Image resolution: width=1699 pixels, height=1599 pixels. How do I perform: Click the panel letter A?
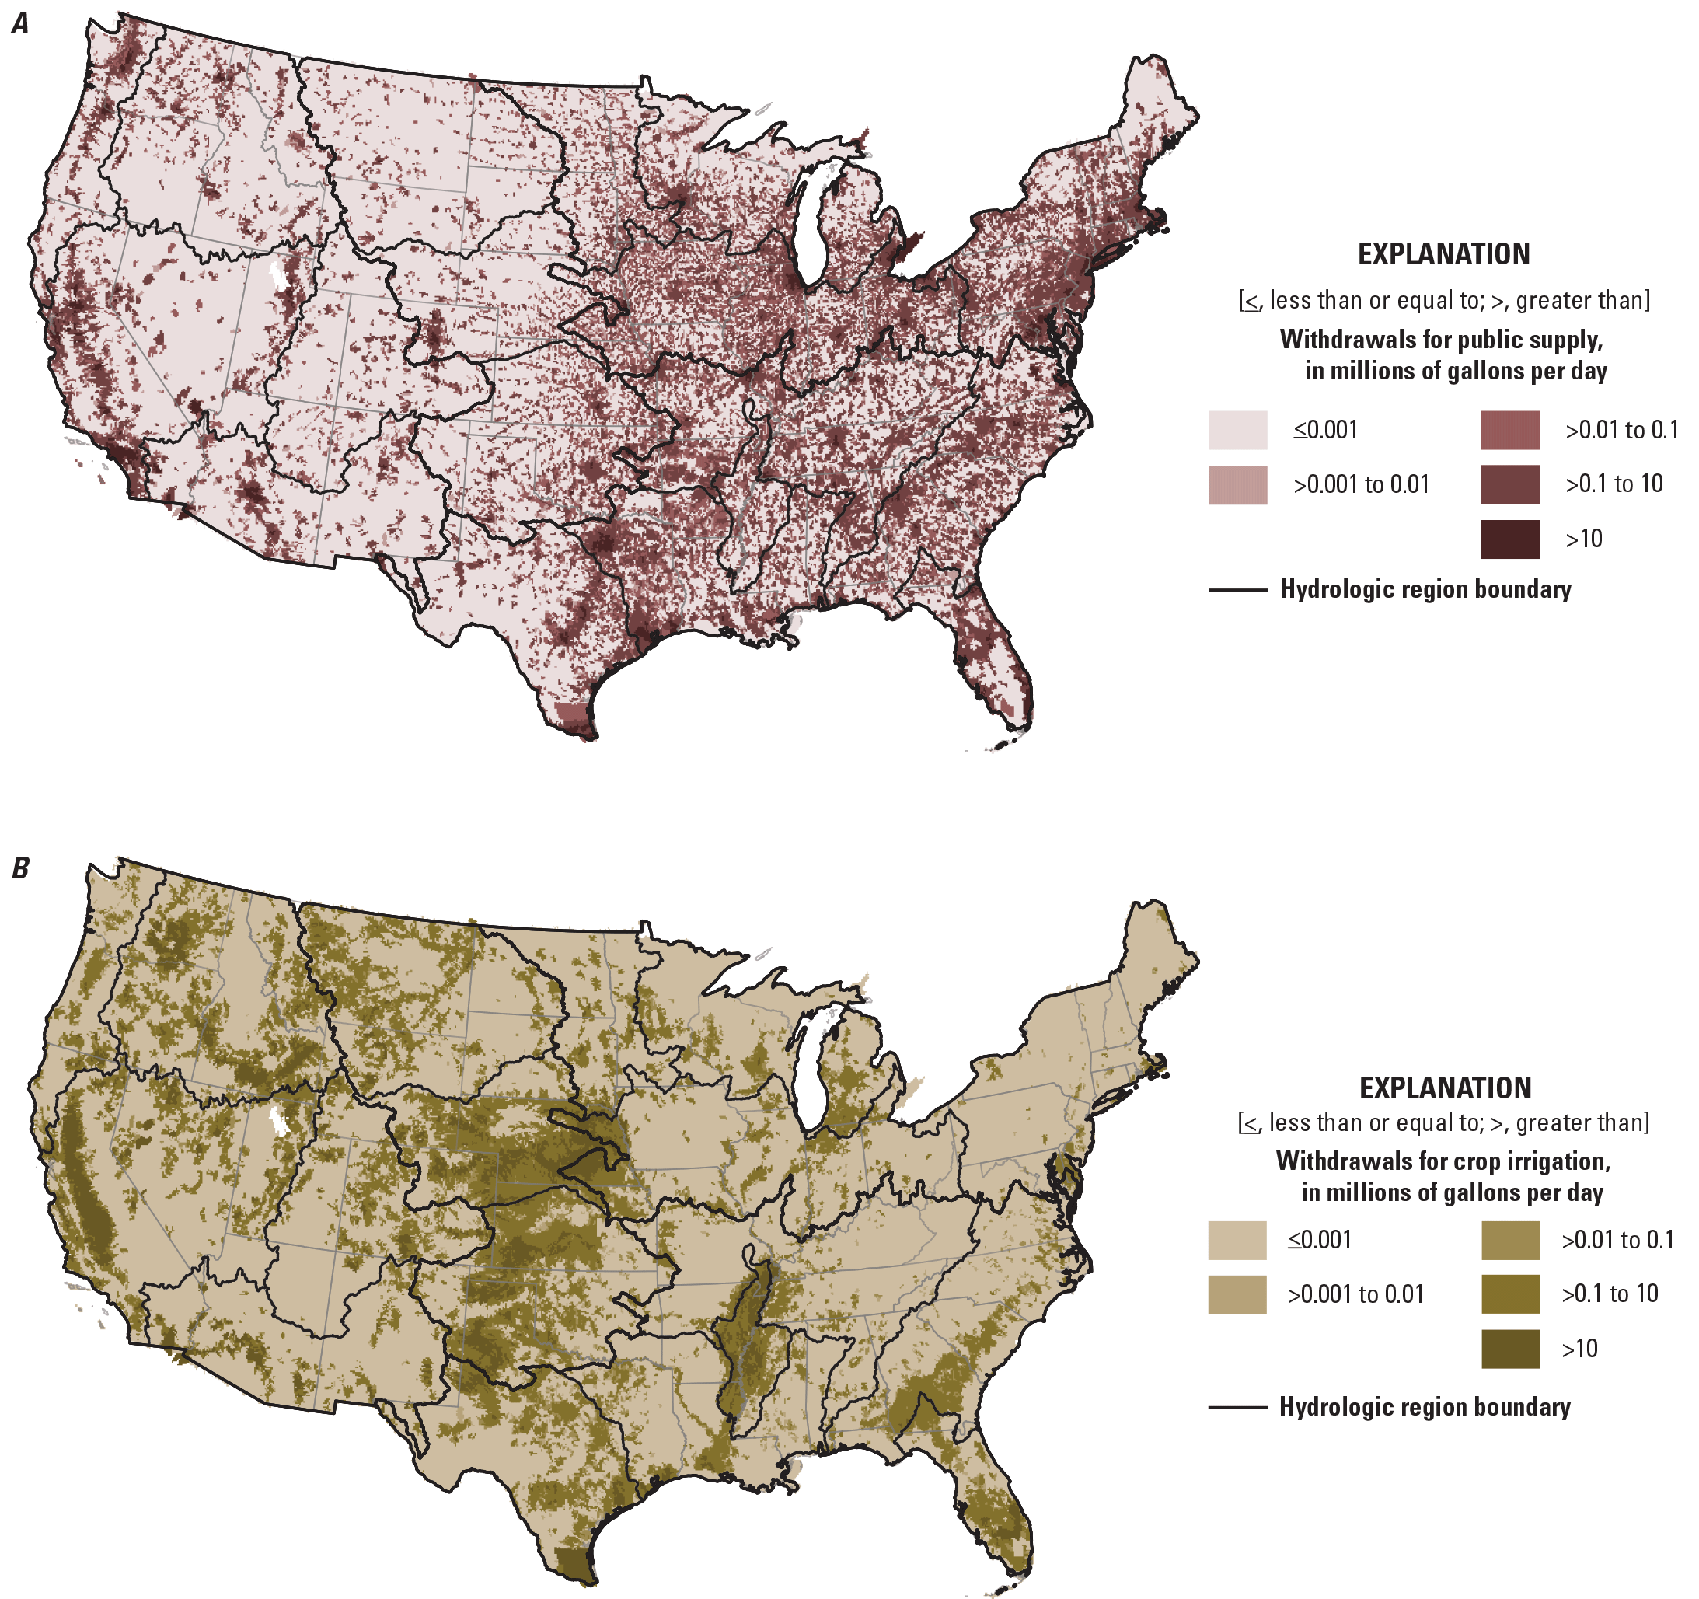(19, 23)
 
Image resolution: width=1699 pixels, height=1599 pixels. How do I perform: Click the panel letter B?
(19, 868)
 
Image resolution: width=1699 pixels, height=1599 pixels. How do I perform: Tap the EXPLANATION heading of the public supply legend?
(1443, 255)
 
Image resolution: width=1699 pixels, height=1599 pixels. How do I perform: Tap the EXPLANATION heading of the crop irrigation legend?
(1445, 1088)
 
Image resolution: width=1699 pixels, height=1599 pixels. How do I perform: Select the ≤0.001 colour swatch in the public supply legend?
(1237, 430)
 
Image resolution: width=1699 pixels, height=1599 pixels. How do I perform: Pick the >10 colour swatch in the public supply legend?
(1510, 539)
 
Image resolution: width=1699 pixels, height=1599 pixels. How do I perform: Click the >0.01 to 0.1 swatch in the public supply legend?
(1510, 430)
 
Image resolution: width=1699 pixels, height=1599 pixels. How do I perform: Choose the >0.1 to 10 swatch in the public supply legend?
(1510, 484)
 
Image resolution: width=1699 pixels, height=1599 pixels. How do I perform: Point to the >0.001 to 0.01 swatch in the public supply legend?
(1237, 484)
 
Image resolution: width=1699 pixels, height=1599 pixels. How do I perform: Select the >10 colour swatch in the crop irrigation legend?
(1510, 1349)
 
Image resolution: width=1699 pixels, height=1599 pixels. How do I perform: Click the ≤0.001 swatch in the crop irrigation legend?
(1237, 1240)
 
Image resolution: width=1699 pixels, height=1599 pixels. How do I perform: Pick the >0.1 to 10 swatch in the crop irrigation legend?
(1510, 1294)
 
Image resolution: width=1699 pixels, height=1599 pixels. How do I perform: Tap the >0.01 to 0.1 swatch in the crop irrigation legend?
(1510, 1240)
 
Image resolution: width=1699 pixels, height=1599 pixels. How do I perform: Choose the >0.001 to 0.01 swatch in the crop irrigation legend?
(1237, 1295)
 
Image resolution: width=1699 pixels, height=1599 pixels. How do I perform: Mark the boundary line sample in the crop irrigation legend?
(1237, 1408)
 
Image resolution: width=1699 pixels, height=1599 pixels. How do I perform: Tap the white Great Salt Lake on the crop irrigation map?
(277, 1120)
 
